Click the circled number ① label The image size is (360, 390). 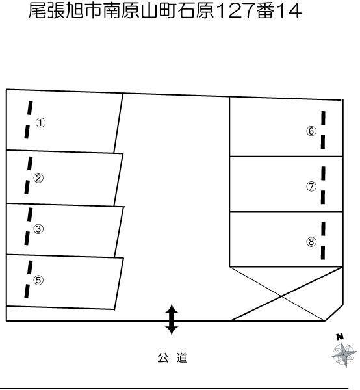(40, 123)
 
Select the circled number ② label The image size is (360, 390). (38, 178)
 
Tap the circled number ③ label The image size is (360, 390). (38, 229)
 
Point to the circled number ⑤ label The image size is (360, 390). (38, 280)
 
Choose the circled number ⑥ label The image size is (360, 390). (311, 131)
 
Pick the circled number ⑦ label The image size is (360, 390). (311, 187)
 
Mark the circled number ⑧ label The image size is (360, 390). (311, 242)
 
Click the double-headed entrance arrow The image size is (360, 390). (172, 319)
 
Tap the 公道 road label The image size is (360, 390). (172, 358)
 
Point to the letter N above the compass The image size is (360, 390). (340, 337)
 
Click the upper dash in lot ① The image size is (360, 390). (30, 108)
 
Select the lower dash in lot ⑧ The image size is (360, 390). (323, 253)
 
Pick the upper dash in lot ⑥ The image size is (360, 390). (323, 118)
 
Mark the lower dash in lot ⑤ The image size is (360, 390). (27, 291)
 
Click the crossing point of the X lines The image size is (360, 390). (281, 296)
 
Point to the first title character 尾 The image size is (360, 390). (38, 11)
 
